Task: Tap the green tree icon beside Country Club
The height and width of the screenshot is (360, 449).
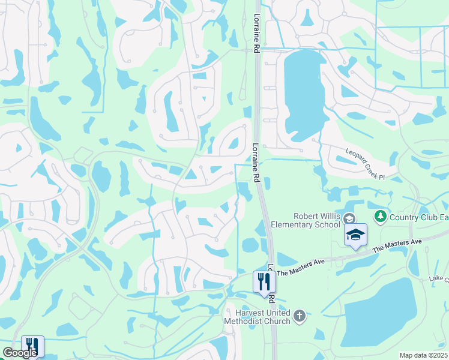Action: click(x=380, y=215)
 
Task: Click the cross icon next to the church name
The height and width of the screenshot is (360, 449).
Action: click(x=300, y=314)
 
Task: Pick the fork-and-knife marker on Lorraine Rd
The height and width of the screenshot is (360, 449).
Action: click(x=264, y=282)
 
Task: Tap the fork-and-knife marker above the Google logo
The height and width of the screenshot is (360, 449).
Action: click(x=32, y=346)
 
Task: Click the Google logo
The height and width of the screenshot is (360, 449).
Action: click(x=20, y=353)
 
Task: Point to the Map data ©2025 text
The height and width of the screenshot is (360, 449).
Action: click(x=424, y=355)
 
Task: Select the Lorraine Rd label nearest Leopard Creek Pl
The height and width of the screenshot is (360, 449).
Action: click(x=256, y=162)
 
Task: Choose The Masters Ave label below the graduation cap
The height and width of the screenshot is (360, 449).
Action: click(x=397, y=244)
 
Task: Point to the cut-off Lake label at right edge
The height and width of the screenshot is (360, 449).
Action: click(x=439, y=279)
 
